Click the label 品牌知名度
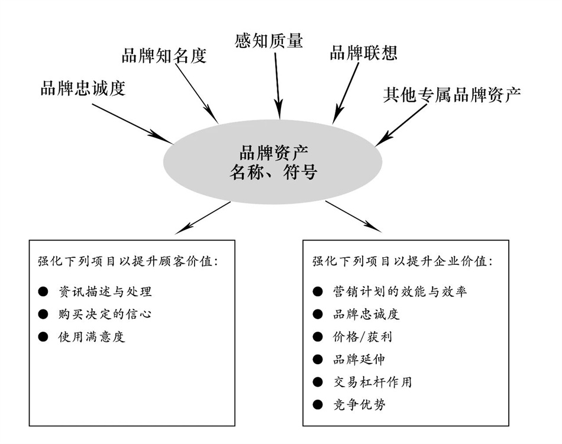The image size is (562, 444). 164,56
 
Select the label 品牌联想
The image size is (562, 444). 363,53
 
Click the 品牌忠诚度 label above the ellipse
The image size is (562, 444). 83,89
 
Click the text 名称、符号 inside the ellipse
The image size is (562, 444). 273,173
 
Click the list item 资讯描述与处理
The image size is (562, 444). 105,291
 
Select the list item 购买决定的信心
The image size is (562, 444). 104,314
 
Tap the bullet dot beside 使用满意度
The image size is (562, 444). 42,337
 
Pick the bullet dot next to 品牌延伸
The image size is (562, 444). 318,359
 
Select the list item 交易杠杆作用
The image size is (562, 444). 373,382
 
